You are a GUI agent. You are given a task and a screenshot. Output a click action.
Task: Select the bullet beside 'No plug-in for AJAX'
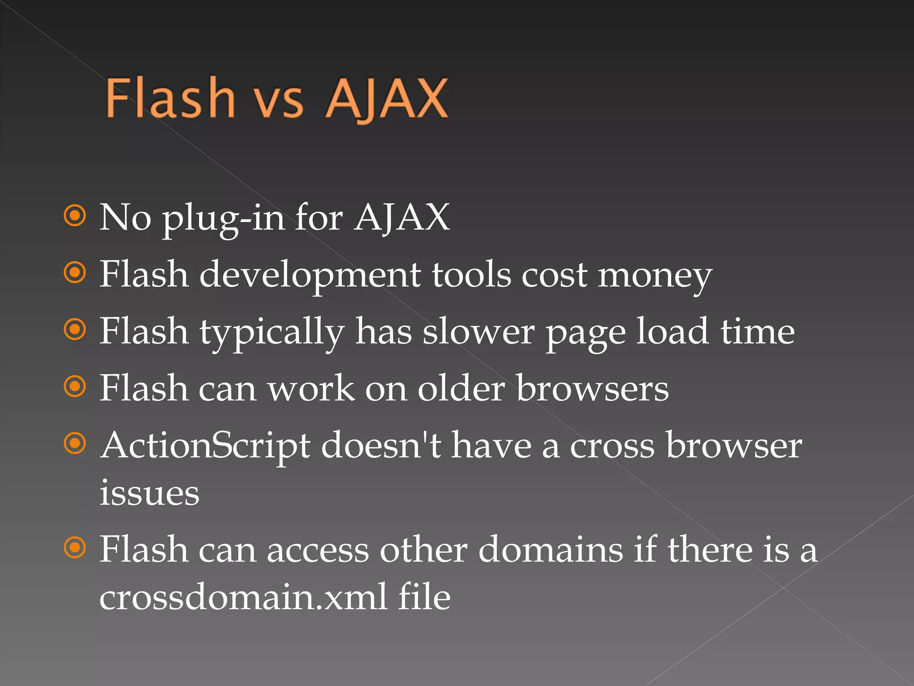pos(75,216)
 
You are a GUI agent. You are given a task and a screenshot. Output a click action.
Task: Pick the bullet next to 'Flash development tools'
pos(75,273)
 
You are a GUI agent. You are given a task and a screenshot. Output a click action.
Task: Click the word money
pos(655,276)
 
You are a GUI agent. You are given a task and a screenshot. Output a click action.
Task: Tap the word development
pos(310,275)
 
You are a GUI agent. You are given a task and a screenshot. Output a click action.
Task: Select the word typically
pos(272,333)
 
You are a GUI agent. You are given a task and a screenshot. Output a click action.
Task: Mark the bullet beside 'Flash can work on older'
pos(75,387)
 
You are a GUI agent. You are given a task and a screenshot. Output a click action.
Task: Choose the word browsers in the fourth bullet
pos(592,389)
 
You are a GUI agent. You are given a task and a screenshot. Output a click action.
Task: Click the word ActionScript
pos(205,446)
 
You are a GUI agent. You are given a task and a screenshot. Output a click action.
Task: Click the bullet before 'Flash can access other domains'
pos(75,548)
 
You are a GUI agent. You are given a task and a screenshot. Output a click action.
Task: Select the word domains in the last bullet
pos(550,549)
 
